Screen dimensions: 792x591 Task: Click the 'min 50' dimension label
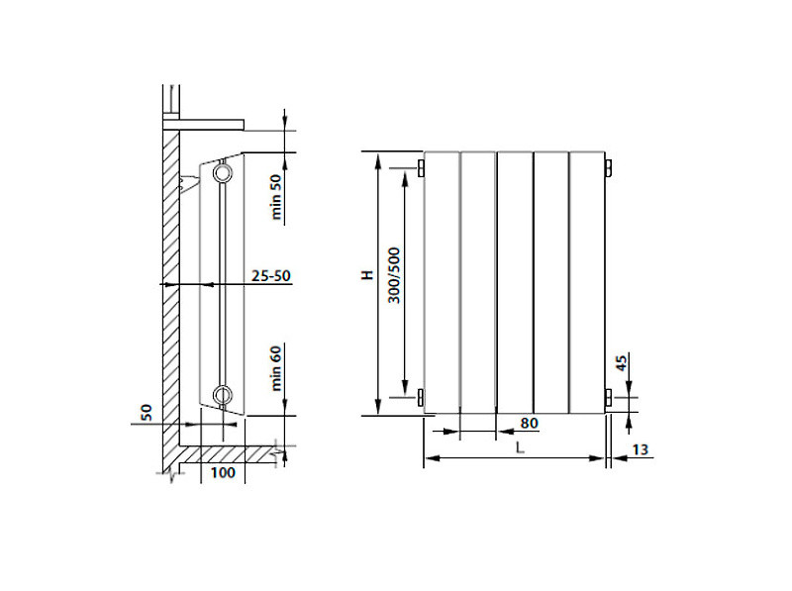[x=276, y=196]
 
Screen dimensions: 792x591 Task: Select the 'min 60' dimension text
[x=276, y=368]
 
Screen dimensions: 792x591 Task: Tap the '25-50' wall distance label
[x=271, y=276]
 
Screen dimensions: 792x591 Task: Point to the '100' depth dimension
[x=223, y=473]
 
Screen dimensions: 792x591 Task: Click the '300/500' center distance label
[x=394, y=275]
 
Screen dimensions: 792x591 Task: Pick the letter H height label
[x=367, y=275]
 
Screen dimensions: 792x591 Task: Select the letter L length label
[x=520, y=447]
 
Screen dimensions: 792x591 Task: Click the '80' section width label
[x=529, y=424]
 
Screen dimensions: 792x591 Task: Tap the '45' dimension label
[x=622, y=362]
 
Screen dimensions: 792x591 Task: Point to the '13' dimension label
[x=640, y=449]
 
